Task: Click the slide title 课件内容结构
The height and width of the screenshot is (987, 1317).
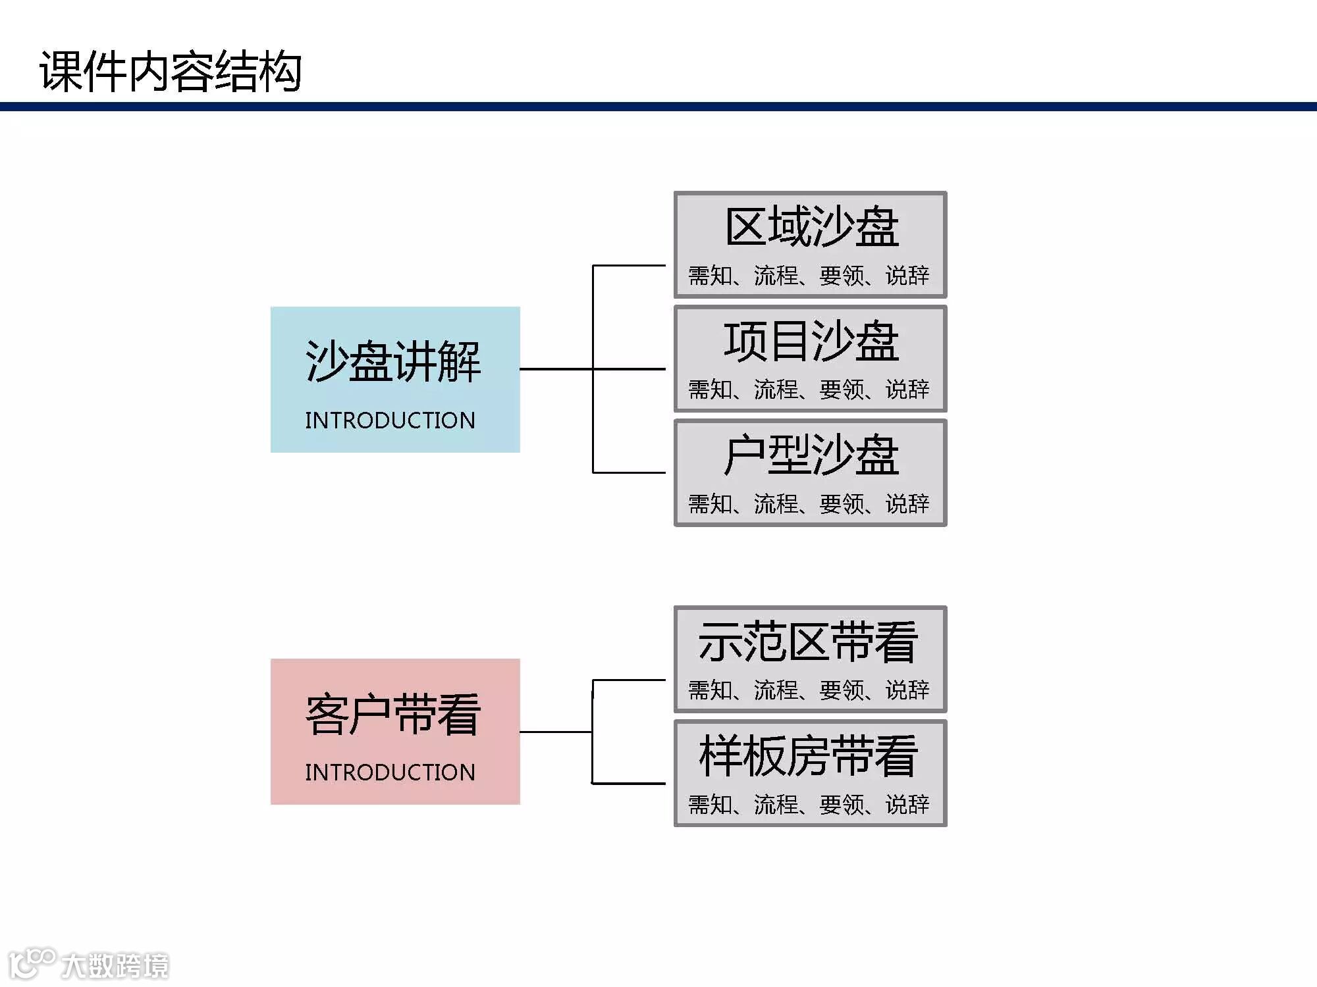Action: coord(171,71)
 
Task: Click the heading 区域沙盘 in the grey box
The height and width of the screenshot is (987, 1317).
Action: coord(811,227)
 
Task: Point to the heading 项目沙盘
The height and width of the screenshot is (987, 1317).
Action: coord(811,342)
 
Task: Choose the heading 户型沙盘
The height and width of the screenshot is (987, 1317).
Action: coord(811,455)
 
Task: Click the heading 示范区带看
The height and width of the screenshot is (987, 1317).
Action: coord(808,642)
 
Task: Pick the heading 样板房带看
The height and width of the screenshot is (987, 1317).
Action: coord(808,756)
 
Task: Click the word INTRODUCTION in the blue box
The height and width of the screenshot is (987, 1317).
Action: coord(390,420)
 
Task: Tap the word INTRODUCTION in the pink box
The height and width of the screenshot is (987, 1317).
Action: coord(390,772)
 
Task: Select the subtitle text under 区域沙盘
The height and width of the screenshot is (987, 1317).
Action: coord(809,276)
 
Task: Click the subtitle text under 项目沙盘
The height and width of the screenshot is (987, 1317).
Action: coord(809,390)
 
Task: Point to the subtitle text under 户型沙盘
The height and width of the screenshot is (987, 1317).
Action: coord(809,504)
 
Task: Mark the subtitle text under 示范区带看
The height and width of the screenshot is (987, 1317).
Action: coord(809,690)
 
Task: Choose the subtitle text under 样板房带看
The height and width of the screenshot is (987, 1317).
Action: coord(809,804)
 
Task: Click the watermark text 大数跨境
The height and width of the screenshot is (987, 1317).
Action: coord(115,966)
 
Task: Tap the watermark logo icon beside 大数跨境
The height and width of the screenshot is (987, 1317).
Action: coord(31,962)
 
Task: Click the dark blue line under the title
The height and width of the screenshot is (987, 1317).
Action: coord(658,107)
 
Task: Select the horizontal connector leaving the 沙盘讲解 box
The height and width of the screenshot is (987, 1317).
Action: coord(556,369)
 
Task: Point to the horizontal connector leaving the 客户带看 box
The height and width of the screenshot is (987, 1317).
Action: coord(556,732)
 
